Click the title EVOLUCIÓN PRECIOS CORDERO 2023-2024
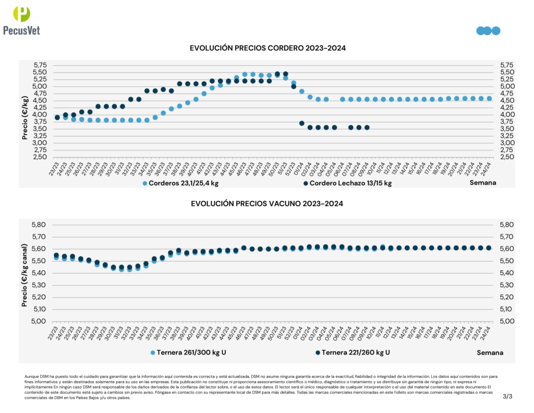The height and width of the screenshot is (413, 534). coord(268,48)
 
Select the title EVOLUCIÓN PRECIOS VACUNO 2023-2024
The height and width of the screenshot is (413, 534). coord(266,204)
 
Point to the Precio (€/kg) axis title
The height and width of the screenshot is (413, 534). coord(25,117)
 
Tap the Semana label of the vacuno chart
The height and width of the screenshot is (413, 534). coord(490,352)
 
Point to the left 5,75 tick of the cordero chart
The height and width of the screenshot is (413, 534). coord(40,65)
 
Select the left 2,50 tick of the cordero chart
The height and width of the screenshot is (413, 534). coord(40,157)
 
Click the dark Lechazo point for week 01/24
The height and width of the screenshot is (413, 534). coord(301,123)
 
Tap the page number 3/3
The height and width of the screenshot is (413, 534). coord(507,397)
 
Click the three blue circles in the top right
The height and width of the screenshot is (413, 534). coord(488,31)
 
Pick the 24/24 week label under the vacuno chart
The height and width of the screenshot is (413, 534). coord(487,331)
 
